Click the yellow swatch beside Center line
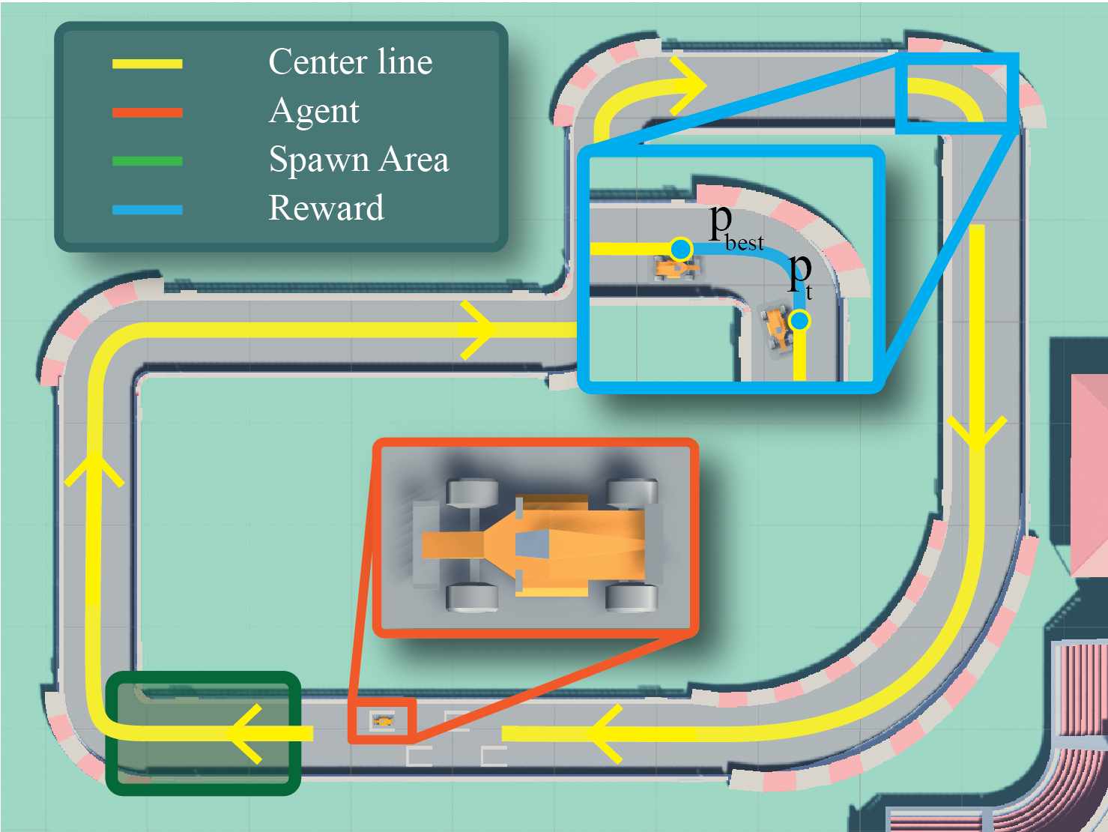click(x=147, y=64)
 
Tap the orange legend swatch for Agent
click(x=147, y=112)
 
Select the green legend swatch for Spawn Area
click(x=147, y=161)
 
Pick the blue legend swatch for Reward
click(x=147, y=210)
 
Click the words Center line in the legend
click(x=350, y=62)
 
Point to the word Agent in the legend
click(x=314, y=112)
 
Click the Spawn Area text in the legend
click(x=358, y=160)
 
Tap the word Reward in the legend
click(x=326, y=208)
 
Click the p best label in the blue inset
click(x=734, y=227)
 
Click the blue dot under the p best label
click(x=681, y=249)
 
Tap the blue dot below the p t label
click(x=799, y=321)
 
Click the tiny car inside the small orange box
click(x=383, y=721)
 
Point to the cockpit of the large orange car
click(x=533, y=544)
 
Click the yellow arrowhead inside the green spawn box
click(x=247, y=733)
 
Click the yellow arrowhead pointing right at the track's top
click(x=688, y=85)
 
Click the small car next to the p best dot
click(x=675, y=268)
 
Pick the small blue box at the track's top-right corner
click(x=957, y=93)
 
